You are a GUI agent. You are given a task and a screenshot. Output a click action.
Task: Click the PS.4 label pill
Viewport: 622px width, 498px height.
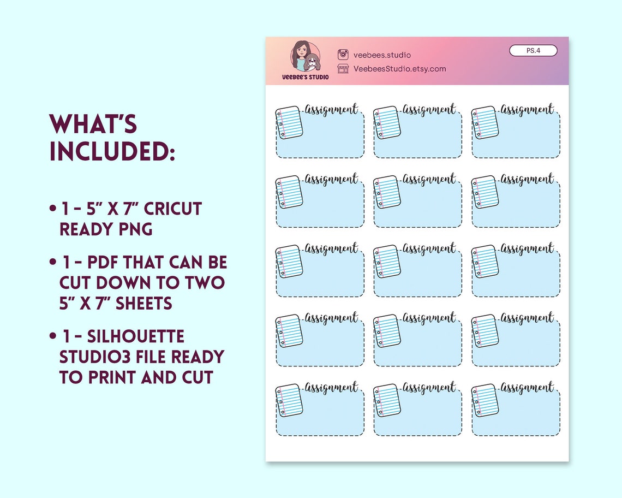pos(533,51)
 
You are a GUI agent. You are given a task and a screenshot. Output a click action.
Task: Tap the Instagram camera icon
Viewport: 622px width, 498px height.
pos(343,54)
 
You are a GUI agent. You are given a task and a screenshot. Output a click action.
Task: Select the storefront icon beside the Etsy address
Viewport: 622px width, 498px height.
pos(343,68)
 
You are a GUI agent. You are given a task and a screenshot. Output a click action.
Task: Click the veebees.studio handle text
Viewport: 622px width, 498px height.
pos(382,55)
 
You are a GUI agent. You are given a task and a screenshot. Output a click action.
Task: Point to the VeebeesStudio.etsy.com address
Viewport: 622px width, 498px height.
pos(399,69)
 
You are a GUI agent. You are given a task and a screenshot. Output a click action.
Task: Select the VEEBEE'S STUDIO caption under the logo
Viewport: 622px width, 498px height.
pos(305,78)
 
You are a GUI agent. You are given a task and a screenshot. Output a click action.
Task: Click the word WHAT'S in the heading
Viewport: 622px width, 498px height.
pos(93,124)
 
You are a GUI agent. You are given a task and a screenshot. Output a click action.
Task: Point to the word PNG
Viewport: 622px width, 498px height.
pos(133,229)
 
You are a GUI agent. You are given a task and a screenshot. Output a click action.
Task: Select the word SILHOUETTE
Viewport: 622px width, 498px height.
pos(122,336)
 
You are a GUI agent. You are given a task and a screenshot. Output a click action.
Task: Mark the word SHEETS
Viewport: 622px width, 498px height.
pos(143,303)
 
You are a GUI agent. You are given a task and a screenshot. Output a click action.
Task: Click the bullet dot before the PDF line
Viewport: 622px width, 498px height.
pos(52,263)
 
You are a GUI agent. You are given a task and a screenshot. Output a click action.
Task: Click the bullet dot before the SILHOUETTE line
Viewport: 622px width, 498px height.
pos(52,336)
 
